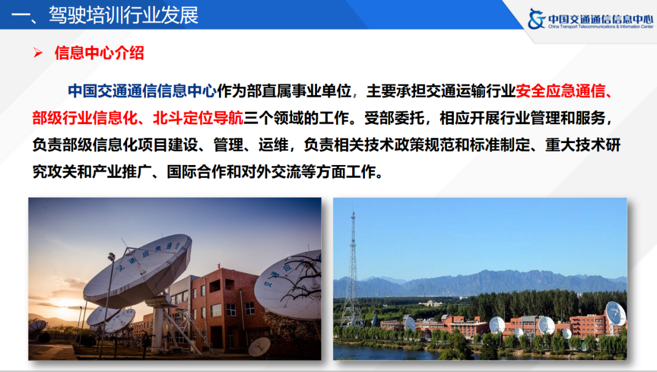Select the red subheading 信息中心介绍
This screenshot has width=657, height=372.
[x=99, y=53]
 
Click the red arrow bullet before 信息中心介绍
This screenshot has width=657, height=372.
[x=38, y=54]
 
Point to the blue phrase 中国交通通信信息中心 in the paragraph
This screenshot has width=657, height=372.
[x=142, y=91]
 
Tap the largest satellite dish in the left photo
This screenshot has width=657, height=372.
[x=139, y=268]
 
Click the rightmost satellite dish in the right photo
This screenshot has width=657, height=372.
[x=615, y=314]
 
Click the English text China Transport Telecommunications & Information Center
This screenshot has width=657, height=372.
[x=599, y=27]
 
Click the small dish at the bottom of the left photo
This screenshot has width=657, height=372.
[x=259, y=346]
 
